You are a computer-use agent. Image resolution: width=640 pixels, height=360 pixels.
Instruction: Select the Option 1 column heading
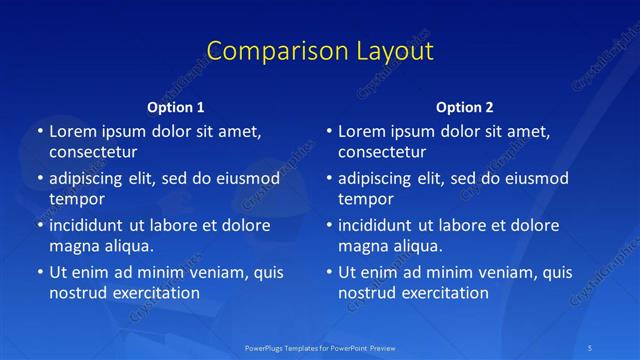pyautogui.click(x=176, y=107)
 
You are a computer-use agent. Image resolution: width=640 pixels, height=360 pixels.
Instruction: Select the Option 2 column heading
pyautogui.click(x=465, y=107)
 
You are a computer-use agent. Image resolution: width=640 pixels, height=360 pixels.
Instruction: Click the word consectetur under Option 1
pyautogui.click(x=93, y=152)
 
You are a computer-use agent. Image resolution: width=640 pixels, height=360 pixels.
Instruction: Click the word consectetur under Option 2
pyautogui.click(x=382, y=152)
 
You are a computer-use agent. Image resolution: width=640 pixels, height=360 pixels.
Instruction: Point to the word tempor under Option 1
pyautogui.click(x=77, y=199)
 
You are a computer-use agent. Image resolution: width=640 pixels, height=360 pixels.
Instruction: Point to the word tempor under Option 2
pyautogui.click(x=366, y=199)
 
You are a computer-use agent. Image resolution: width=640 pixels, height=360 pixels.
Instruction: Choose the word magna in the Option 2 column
pyautogui.click(x=362, y=246)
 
